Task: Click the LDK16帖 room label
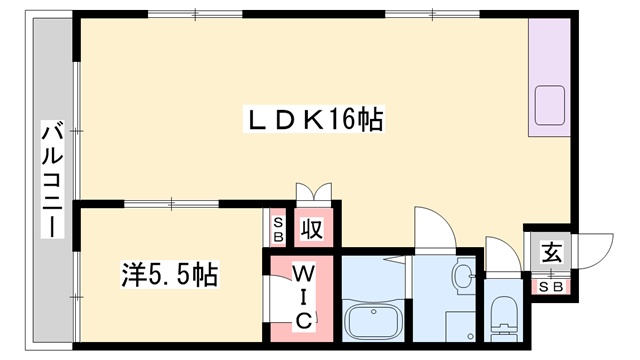[x=313, y=119]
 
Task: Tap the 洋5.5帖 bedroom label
[x=169, y=274]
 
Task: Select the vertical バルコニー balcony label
[x=53, y=182]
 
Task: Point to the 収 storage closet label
[x=312, y=229]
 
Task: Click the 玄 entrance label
[x=551, y=252]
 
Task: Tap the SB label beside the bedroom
[x=278, y=229]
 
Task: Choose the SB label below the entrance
[x=551, y=287]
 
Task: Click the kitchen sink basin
[x=549, y=105]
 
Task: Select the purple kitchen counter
[x=549, y=77]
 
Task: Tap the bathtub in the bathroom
[x=373, y=321]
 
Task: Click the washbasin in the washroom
[x=464, y=276]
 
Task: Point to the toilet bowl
[x=504, y=311]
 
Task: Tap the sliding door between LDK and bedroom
[x=171, y=203]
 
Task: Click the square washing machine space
[x=460, y=327]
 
